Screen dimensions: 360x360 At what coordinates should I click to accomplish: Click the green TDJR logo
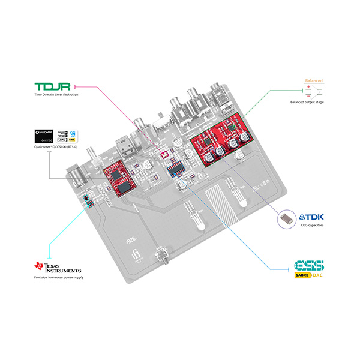point(53,86)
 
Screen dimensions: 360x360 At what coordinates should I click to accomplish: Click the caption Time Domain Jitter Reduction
point(56,95)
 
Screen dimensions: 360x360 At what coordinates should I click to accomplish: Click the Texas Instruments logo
point(56,266)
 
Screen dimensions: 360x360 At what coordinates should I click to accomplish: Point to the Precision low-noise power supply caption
point(59,278)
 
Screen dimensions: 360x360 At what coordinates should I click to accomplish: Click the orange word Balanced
point(314,80)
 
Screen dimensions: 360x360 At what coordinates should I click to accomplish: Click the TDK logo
point(310,217)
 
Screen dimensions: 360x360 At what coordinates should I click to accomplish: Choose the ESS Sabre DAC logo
point(308,269)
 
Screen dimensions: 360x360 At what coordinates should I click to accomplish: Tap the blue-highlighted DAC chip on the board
point(175,168)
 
